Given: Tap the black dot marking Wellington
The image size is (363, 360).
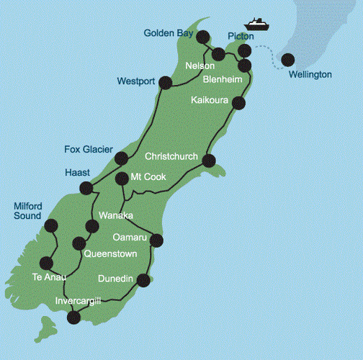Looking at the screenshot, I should click(288, 60).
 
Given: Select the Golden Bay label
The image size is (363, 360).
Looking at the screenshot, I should click(168, 33).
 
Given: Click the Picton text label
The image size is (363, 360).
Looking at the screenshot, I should click(241, 36).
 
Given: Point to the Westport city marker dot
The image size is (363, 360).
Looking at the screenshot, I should click(165, 83).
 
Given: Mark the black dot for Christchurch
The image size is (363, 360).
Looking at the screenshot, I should click(209, 161).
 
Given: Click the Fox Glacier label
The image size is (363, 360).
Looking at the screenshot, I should click(88, 149).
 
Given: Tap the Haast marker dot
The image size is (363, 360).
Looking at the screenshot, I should click(87, 189).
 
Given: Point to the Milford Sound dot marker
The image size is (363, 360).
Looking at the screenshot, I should click(50, 225).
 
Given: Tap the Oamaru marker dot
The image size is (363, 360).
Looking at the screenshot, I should click(156, 240).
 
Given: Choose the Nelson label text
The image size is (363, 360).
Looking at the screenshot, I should click(200, 66).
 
